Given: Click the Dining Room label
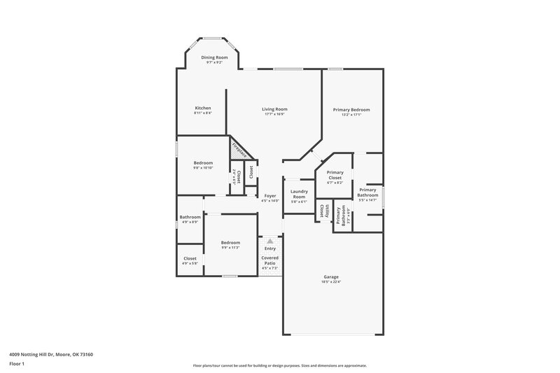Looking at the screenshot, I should pyautogui.click(x=214, y=57).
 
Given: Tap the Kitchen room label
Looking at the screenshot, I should pyautogui.click(x=203, y=108).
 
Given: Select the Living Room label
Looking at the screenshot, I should pyautogui.click(x=274, y=109).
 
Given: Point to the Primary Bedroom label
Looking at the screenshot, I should pyautogui.click(x=351, y=110).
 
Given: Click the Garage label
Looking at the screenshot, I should pyautogui.click(x=331, y=276).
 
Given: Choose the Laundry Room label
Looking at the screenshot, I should pyautogui.click(x=300, y=193).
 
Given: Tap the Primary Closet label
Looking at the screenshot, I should pyautogui.click(x=335, y=175).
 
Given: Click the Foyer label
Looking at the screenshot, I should pyautogui.click(x=269, y=197).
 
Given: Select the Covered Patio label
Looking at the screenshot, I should pyautogui.click(x=269, y=260).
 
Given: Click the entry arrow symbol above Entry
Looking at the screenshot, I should pyautogui.click(x=269, y=240).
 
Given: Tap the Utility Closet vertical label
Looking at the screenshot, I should pyautogui.click(x=323, y=209).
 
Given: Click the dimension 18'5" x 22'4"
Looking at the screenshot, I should pyautogui.click(x=331, y=282).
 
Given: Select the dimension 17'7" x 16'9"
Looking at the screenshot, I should pyautogui.click(x=274, y=115).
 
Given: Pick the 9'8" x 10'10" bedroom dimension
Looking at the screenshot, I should pyautogui.click(x=203, y=168).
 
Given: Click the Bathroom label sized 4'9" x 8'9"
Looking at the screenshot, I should pyautogui.click(x=190, y=217).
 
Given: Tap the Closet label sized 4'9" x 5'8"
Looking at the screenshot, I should pyautogui.click(x=190, y=258).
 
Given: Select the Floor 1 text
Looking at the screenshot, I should pyautogui.click(x=17, y=365).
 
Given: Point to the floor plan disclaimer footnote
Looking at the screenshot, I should pyautogui.click(x=279, y=365).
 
